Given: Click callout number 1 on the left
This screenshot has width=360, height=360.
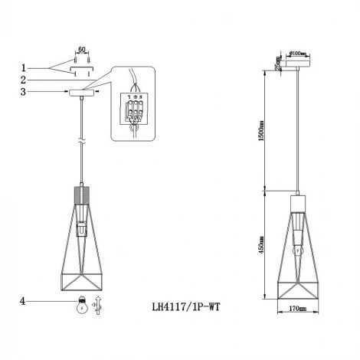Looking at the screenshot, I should [x=23, y=67].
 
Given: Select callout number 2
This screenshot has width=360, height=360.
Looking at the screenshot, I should [x=23, y=78].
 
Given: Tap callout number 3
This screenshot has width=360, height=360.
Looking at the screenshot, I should [x=23, y=92].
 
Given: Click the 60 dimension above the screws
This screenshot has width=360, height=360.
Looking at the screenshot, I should [x=81, y=48].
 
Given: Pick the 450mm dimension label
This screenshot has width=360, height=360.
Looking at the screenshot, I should [x=261, y=245].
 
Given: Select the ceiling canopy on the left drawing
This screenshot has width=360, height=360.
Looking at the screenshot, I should [x=82, y=93].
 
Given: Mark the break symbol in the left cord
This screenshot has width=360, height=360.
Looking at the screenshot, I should [x=82, y=142].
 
